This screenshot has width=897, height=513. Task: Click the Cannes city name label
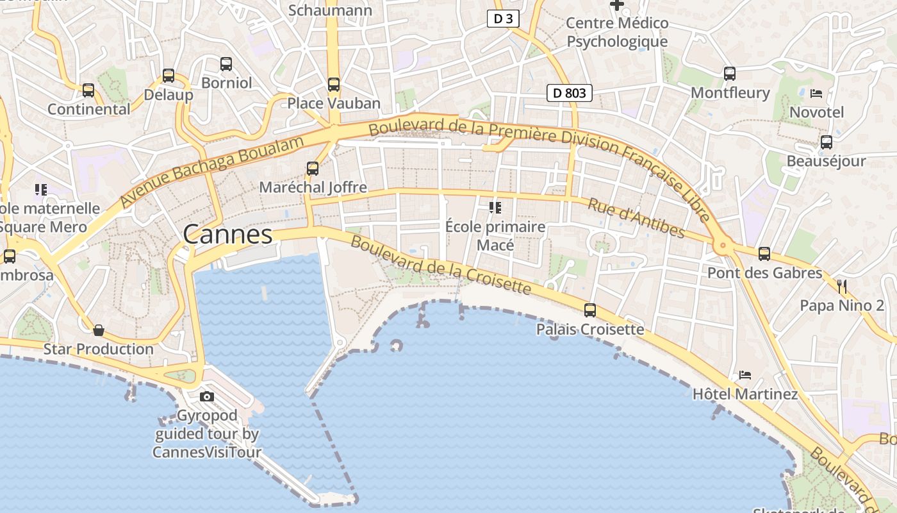click(227, 235)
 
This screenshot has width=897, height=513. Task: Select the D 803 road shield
click(569, 93)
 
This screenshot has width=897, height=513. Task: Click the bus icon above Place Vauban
click(333, 85)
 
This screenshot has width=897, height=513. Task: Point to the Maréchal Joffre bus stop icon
click(312, 169)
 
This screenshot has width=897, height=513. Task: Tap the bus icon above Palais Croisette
click(589, 310)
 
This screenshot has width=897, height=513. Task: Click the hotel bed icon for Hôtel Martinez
click(745, 374)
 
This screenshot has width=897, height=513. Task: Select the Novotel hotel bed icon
click(816, 94)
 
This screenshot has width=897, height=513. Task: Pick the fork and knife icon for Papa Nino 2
click(842, 286)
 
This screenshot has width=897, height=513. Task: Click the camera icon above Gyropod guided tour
click(206, 396)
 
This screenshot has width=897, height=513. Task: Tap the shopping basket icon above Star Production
click(99, 330)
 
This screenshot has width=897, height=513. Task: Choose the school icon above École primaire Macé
click(495, 207)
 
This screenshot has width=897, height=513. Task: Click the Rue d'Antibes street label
click(636, 218)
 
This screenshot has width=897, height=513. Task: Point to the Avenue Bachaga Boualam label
click(212, 171)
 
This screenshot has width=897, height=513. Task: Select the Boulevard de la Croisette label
click(441, 265)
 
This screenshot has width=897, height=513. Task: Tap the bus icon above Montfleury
click(729, 74)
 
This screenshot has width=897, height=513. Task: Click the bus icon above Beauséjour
click(826, 142)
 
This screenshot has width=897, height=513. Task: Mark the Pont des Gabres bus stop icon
click(764, 254)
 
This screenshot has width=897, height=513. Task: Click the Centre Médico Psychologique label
click(617, 33)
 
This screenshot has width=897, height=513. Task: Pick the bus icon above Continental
click(88, 90)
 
